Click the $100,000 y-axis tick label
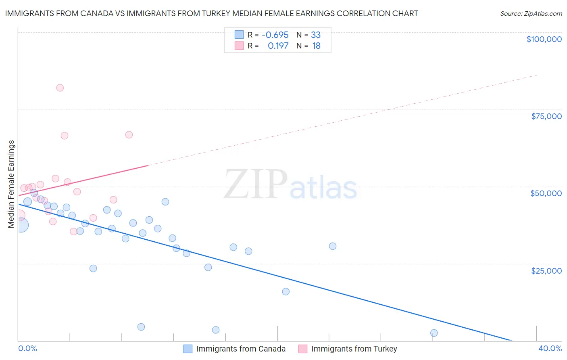544,39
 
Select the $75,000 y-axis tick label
546,116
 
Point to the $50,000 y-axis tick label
546,193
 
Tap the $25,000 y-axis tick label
546,271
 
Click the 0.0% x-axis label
28,348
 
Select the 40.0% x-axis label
550,348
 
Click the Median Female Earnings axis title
11,184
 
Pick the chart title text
211,13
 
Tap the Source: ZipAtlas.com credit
531,14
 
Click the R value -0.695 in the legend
275,35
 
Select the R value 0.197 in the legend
278,46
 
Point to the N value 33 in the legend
316,35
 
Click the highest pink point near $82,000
60,88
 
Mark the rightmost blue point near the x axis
434,333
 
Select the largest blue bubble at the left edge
21,225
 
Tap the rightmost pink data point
129,135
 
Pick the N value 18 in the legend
316,46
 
